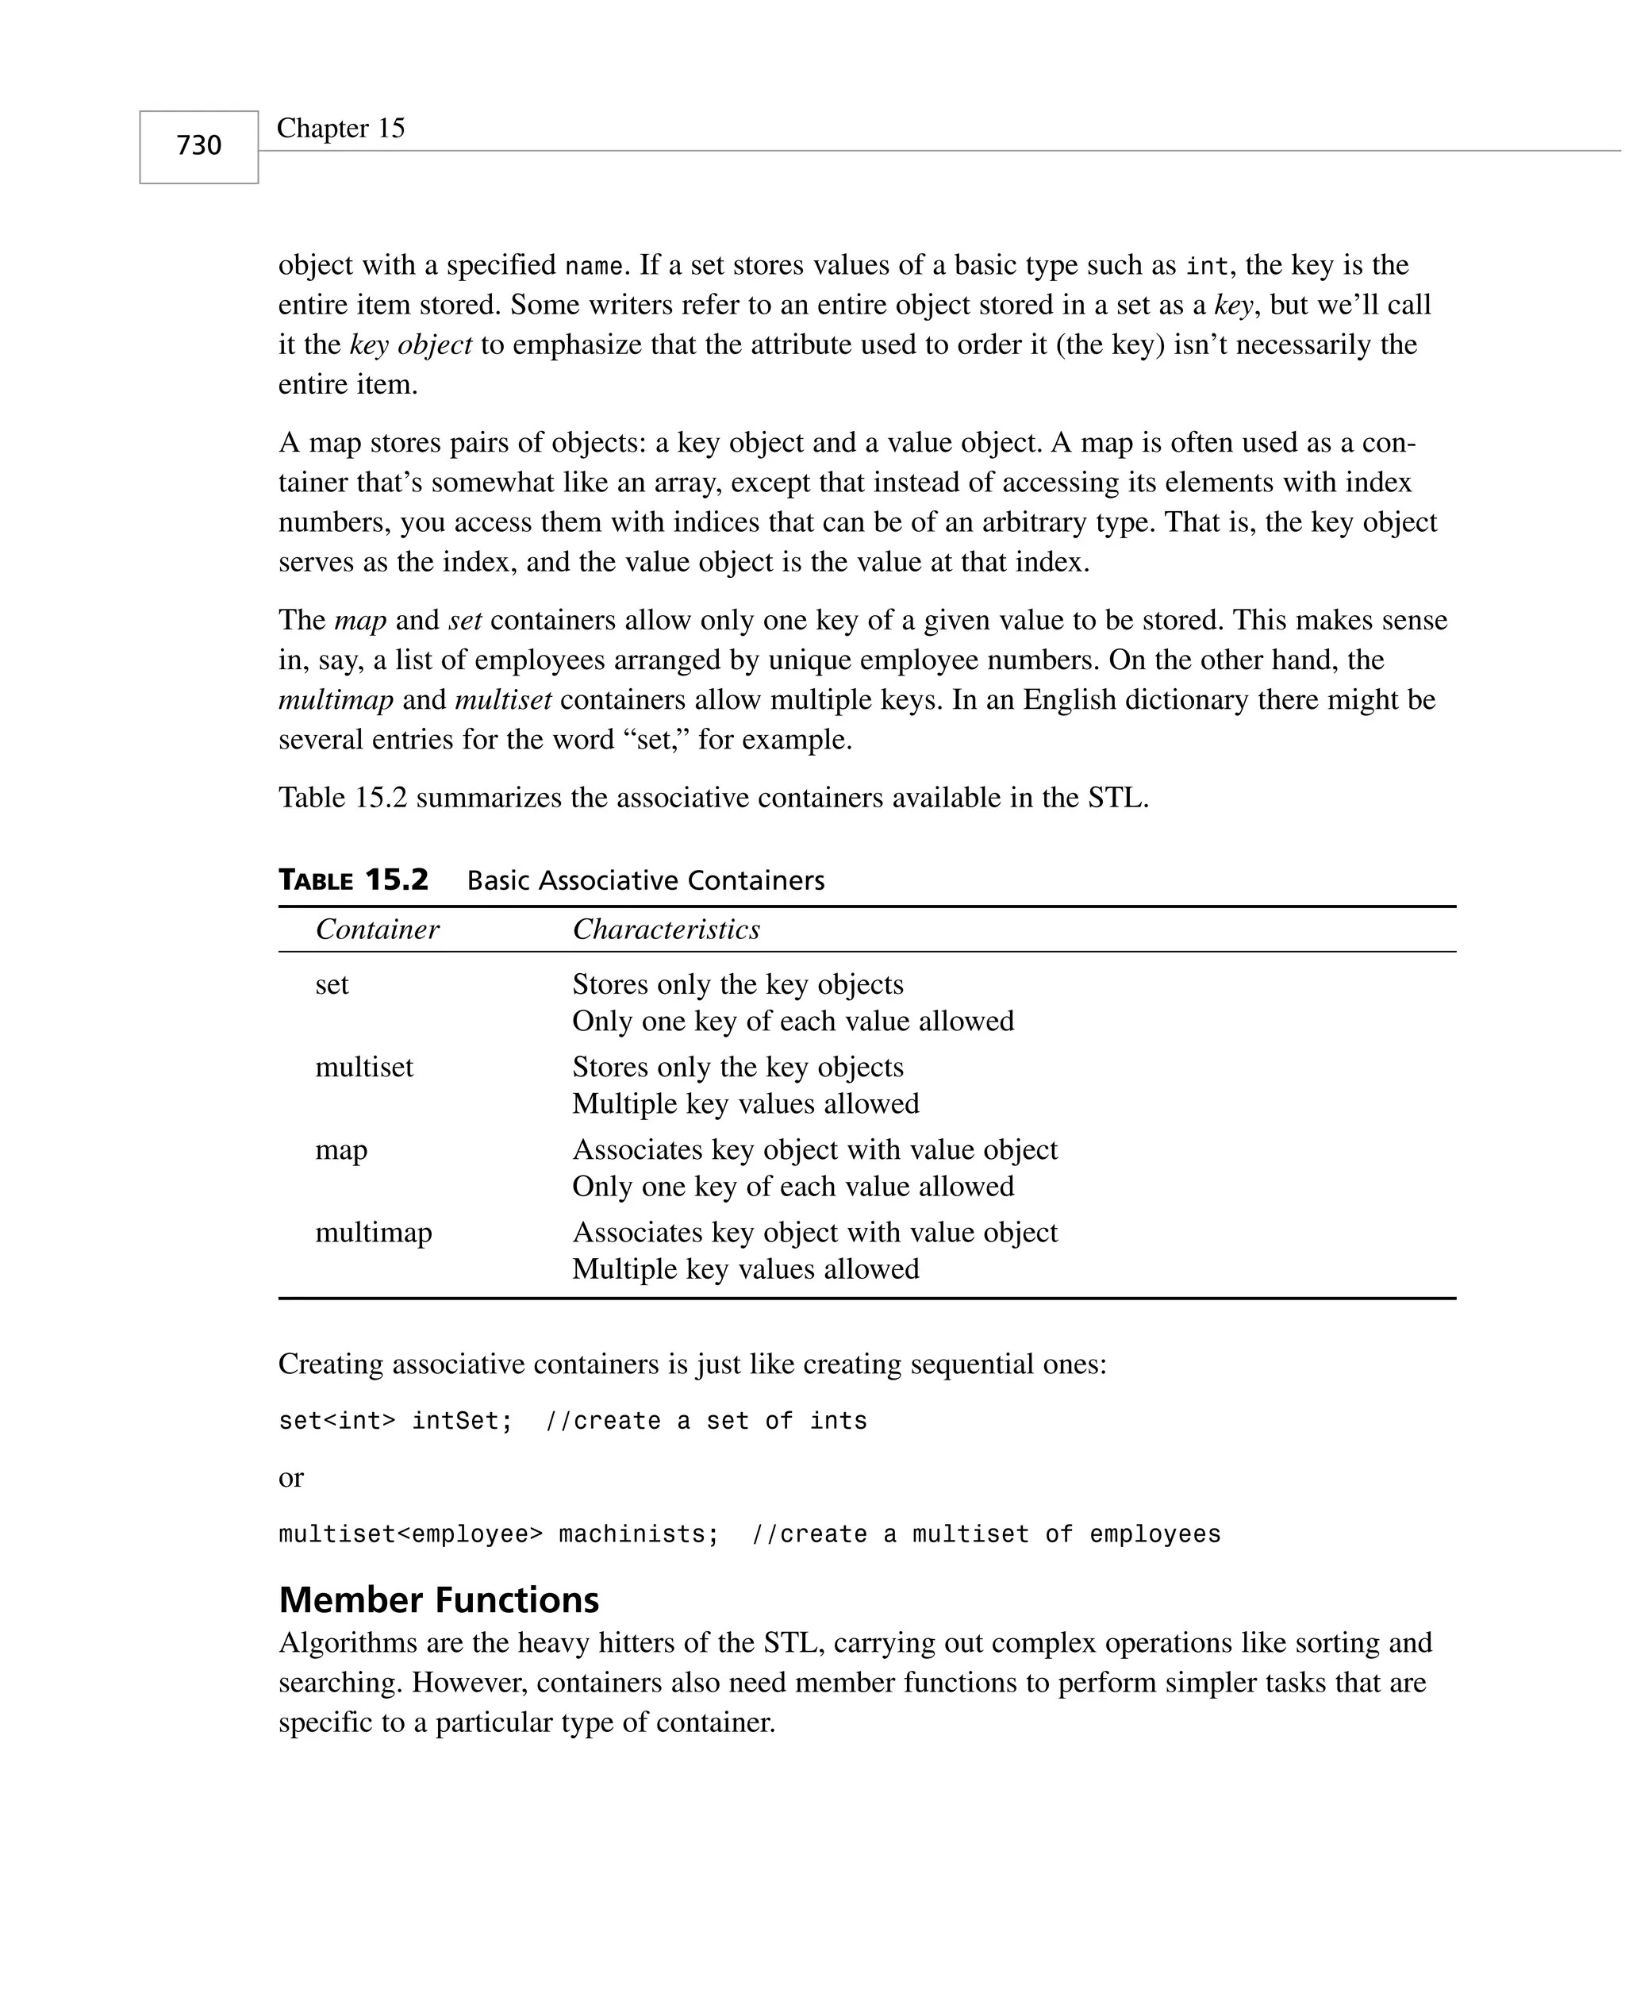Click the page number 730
198,146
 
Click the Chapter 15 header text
340,129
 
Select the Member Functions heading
438,1600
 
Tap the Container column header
376,929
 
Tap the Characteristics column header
666,929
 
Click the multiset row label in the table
363,1068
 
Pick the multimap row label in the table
373,1232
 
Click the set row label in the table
332,985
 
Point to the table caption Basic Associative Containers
645,881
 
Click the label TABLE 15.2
353,880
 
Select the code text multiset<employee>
410,1534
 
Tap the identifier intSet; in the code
462,1421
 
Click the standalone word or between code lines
290,1478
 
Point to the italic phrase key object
410,345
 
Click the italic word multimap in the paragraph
335,700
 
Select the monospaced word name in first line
593,267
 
